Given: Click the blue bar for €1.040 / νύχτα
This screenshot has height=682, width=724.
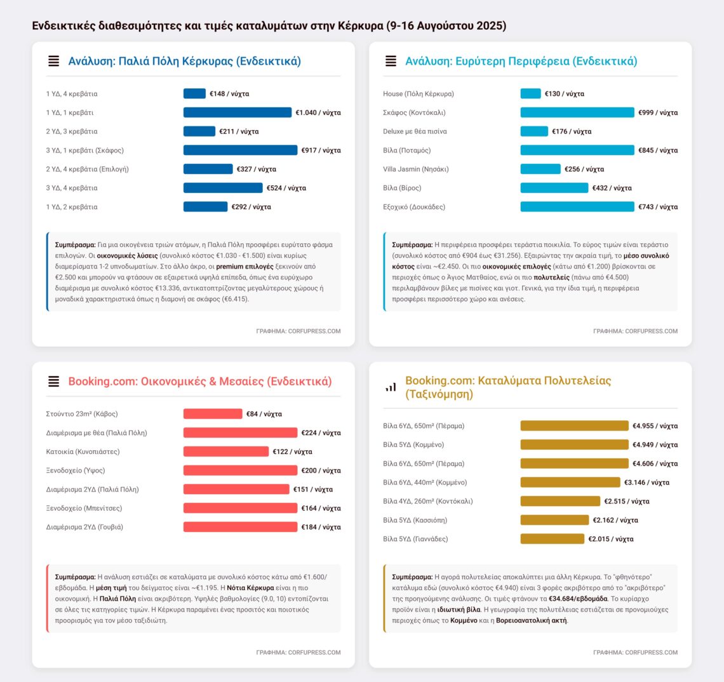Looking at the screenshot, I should click(x=237, y=112).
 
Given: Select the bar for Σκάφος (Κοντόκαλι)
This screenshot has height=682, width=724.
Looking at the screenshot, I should click(x=577, y=112).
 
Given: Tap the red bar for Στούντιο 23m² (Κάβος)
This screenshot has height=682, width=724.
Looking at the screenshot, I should click(x=213, y=414).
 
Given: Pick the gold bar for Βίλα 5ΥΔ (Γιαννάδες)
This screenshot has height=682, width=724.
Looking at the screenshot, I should click(x=552, y=539).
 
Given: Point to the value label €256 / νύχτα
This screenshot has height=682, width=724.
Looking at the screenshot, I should click(x=584, y=170).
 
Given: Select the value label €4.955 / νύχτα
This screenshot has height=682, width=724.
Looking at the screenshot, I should click(x=655, y=426).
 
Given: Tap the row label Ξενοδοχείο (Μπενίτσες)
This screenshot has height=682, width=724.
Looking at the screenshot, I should click(x=84, y=508).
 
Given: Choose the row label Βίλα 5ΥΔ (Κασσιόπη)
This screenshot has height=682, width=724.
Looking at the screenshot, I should click(x=415, y=520).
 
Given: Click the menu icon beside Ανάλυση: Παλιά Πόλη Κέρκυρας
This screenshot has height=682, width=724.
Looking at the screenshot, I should click(x=54, y=62).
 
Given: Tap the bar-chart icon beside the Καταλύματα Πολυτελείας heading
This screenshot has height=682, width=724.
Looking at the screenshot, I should click(x=391, y=387).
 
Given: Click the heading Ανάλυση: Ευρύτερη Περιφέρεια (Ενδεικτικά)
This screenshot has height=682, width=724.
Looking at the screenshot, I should click(x=521, y=62).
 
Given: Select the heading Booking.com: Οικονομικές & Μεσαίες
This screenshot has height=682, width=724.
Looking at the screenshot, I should click(x=199, y=382).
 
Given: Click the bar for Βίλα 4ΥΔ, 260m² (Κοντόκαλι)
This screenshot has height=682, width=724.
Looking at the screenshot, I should click(x=560, y=502).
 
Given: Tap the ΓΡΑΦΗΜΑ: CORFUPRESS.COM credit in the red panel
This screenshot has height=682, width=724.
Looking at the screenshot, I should click(x=298, y=652).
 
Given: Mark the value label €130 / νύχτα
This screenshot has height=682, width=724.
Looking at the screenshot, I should click(x=564, y=94).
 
